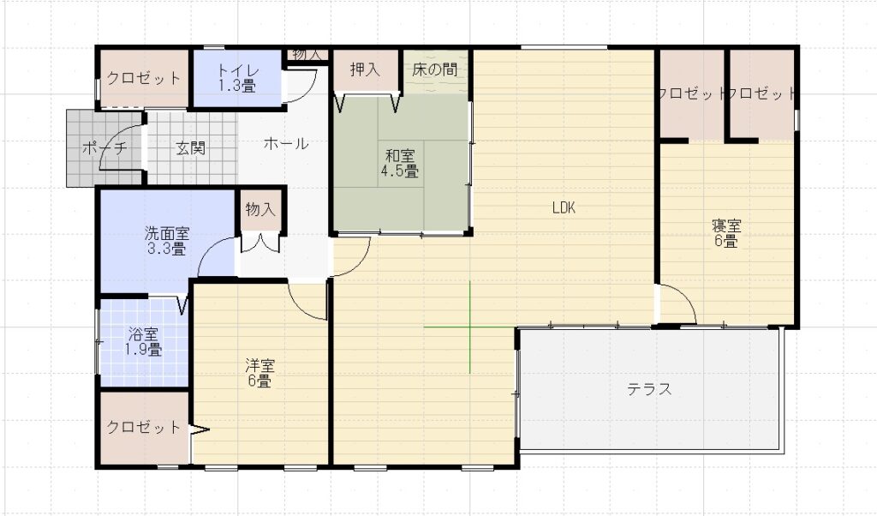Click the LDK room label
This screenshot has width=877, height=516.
click(x=564, y=207)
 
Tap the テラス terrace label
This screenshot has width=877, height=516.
click(x=649, y=388)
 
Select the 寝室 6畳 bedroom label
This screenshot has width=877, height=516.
click(x=726, y=233)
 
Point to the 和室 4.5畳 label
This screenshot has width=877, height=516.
click(x=400, y=163)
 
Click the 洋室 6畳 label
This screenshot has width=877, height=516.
click(x=260, y=374)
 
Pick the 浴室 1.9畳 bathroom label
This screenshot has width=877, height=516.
click(x=143, y=342)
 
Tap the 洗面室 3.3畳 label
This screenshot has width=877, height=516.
click(x=167, y=241)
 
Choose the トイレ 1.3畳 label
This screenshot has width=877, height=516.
click(x=238, y=78)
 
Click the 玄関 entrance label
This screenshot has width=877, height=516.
click(x=191, y=148)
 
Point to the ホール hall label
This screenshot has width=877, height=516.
click(x=286, y=144)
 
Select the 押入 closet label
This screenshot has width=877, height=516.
click(x=365, y=69)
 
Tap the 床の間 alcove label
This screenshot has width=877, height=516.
click(x=434, y=69)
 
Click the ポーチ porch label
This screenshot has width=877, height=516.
click(x=104, y=148)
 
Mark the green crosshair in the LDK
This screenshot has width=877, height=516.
click(x=469, y=327)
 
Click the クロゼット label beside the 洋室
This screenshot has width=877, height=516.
click(x=144, y=428)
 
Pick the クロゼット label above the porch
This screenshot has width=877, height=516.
click(x=144, y=78)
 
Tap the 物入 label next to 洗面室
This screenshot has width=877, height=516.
click(x=260, y=209)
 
